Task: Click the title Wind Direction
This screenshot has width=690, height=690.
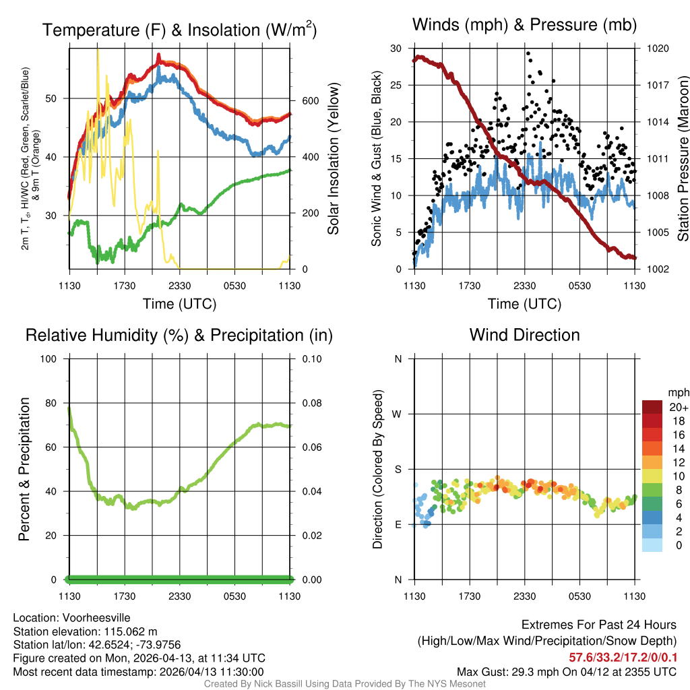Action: tap(524, 335)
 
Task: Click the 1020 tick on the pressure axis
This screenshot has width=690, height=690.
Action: tap(657, 49)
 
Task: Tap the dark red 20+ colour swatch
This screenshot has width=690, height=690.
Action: tap(652, 407)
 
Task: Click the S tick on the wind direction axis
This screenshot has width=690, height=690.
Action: tap(398, 469)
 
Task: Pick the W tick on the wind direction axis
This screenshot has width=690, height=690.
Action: tap(398, 414)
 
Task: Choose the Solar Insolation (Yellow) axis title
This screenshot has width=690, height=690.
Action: tap(333, 159)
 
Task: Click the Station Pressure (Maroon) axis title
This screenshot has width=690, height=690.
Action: tap(683, 159)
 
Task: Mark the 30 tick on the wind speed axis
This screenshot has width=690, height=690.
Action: tap(396, 49)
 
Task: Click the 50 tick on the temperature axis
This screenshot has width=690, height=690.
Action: tap(57, 98)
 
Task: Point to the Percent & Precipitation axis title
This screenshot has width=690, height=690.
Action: tap(24, 469)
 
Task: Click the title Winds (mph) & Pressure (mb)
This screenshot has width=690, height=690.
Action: tap(524, 25)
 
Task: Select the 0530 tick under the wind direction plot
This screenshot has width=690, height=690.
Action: tap(580, 596)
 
